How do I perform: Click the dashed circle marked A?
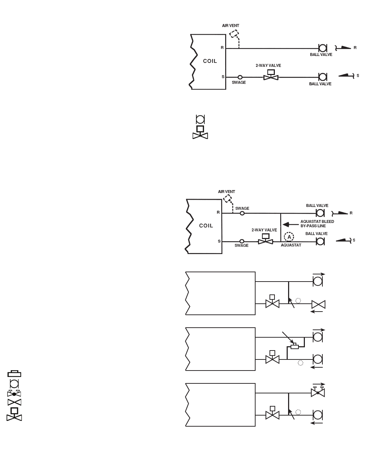point(289,237)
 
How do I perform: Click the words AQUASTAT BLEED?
point(317,222)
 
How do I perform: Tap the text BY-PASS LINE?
point(313,226)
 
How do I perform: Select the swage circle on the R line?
point(242,213)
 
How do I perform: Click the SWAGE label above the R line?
point(242,208)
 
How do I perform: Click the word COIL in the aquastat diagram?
point(206,225)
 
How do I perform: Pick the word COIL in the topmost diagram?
point(210,61)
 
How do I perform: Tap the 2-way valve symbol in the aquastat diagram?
point(266,240)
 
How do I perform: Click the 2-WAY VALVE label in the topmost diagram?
point(268,65)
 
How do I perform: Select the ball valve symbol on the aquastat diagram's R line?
point(321,213)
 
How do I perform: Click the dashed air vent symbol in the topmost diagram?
point(234,34)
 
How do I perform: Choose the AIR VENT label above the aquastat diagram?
point(227,192)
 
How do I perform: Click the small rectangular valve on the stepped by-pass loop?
point(295,347)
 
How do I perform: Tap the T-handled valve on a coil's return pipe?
point(317,392)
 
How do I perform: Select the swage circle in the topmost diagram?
point(240,77)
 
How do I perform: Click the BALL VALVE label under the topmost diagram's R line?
point(321,55)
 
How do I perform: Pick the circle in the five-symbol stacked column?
point(14,384)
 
